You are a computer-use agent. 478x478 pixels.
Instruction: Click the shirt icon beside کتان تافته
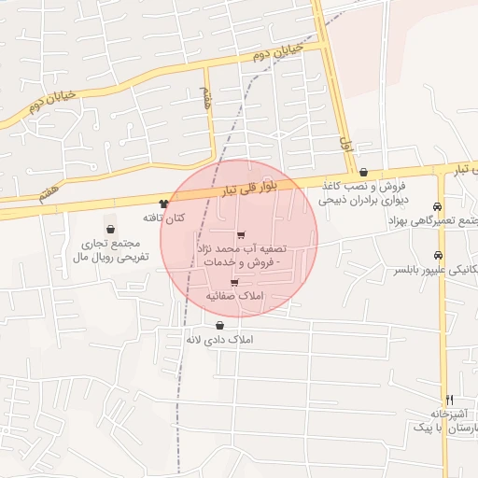coord(164,204)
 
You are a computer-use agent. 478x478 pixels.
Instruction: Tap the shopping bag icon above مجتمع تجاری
coord(111,228)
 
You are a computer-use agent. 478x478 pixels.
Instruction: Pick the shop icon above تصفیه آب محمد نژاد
coord(242,235)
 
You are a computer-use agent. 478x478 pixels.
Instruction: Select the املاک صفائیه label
coord(234,295)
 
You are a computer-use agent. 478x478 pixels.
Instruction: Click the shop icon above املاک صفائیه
coord(234,282)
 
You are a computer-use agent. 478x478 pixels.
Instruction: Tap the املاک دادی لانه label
coord(220,339)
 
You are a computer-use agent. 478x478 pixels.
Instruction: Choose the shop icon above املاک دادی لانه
coord(219,326)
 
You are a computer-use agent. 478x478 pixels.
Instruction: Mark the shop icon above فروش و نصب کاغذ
coord(363,172)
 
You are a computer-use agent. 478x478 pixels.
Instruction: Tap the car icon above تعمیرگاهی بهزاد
coord(438,206)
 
